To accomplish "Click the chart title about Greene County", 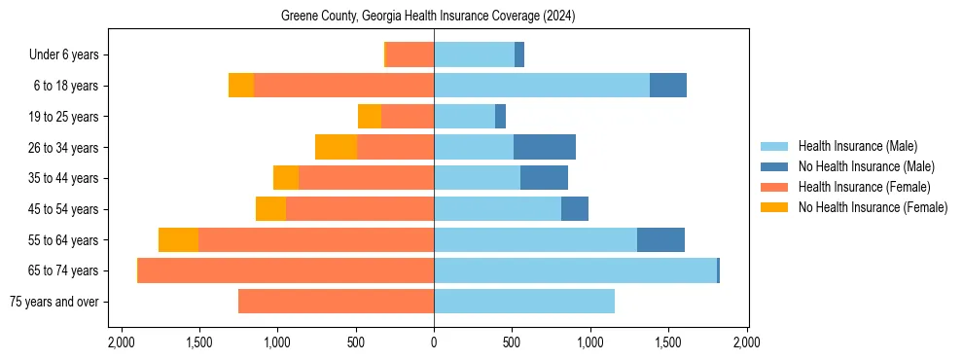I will (x=434, y=17).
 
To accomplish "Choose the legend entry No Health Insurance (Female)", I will (x=873, y=207).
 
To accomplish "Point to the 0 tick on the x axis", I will (x=434, y=343).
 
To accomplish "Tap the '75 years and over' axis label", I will (x=54, y=302).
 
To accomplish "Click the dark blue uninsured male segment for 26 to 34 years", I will (x=545, y=147).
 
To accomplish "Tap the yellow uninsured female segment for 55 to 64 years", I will (x=178, y=239).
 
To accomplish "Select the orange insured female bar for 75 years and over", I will (x=336, y=302).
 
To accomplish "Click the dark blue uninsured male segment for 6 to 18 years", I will (x=668, y=86).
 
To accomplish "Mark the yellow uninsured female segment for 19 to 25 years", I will (x=370, y=117).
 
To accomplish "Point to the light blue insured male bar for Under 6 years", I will (x=474, y=54).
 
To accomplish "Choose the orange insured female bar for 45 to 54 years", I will (x=360, y=209).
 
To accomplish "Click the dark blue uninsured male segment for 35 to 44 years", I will (x=544, y=178).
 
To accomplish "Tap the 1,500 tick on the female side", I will (x=198, y=343).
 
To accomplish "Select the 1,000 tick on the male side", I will (x=590, y=343).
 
